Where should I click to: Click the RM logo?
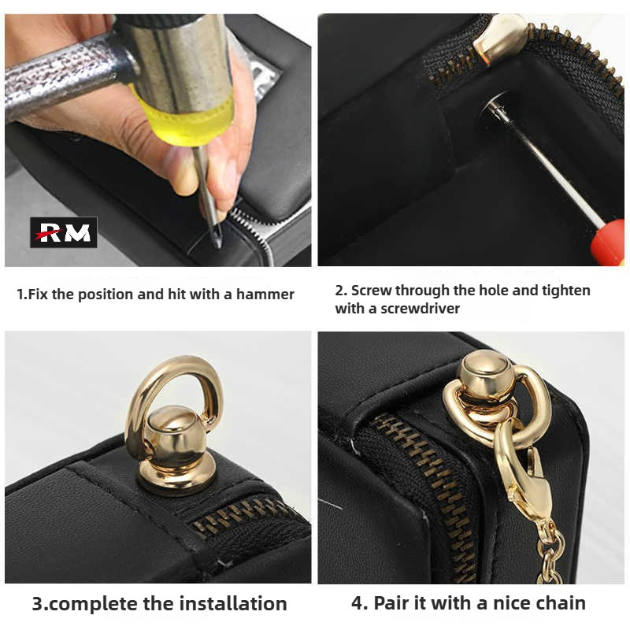coord(64,232)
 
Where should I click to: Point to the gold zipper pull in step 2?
coord(498,38)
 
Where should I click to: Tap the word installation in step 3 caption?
coord(233,603)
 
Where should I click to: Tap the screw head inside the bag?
coord(495,106)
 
